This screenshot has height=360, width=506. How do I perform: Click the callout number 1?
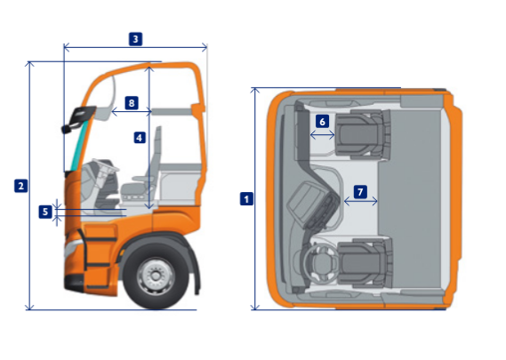click(x=246, y=199)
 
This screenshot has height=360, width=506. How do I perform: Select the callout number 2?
click(x=21, y=186)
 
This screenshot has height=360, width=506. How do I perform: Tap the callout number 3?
click(x=135, y=39)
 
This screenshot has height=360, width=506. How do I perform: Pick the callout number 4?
click(x=140, y=138)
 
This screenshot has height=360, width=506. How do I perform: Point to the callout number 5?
click(x=45, y=212)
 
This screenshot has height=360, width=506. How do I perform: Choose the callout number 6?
click(x=322, y=122)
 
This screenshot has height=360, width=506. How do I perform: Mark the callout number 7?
click(x=360, y=192)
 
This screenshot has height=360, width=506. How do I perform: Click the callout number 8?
click(x=132, y=103)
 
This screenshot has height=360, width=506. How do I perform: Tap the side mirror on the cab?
click(x=78, y=119)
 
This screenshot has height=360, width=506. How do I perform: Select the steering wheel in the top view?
click(x=319, y=265)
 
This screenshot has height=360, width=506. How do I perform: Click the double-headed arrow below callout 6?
click(x=322, y=135)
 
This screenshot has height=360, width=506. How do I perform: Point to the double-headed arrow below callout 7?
click(x=360, y=201)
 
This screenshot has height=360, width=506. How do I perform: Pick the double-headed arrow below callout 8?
click(x=132, y=112)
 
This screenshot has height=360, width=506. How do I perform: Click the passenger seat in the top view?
click(x=363, y=134)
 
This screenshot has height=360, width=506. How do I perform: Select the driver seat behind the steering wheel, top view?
click(x=365, y=263)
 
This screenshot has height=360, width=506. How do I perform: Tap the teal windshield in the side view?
click(x=79, y=145)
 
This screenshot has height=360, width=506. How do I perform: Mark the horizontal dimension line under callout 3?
click(x=135, y=48)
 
